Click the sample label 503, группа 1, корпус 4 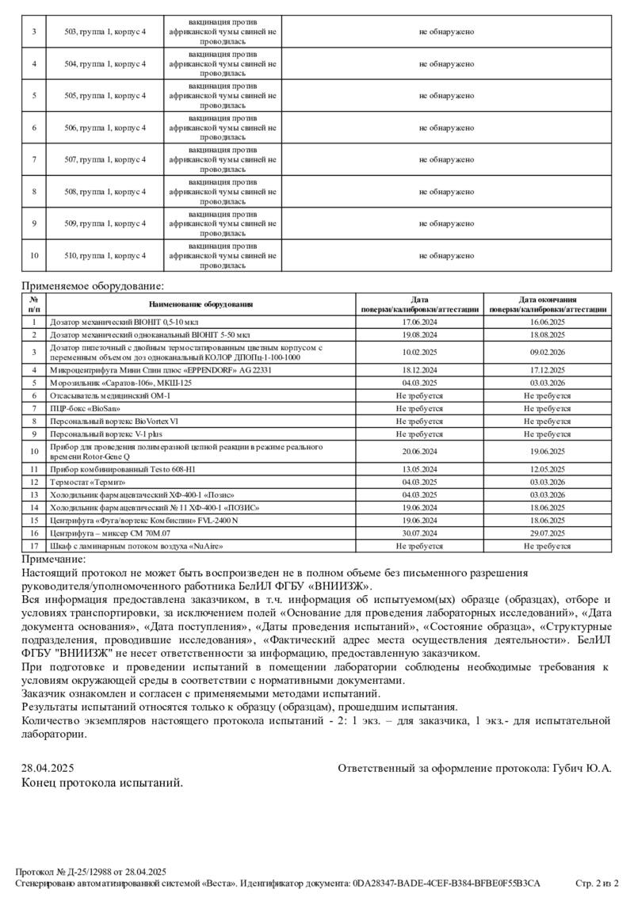point(105,32)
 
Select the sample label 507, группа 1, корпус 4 point(105,160)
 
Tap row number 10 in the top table point(34,256)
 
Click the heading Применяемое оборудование point(93,286)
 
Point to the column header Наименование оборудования point(201,304)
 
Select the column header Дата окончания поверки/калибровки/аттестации point(548,304)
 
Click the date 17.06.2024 point(420,323)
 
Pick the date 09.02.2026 point(548,352)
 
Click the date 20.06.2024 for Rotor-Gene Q point(420,452)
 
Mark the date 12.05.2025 point(548,469)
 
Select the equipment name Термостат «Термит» point(88,482)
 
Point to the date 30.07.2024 point(420,533)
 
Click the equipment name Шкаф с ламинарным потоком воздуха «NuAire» point(133,547)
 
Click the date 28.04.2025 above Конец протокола point(48,768)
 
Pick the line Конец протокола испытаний point(102,783)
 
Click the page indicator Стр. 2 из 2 point(596,883)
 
